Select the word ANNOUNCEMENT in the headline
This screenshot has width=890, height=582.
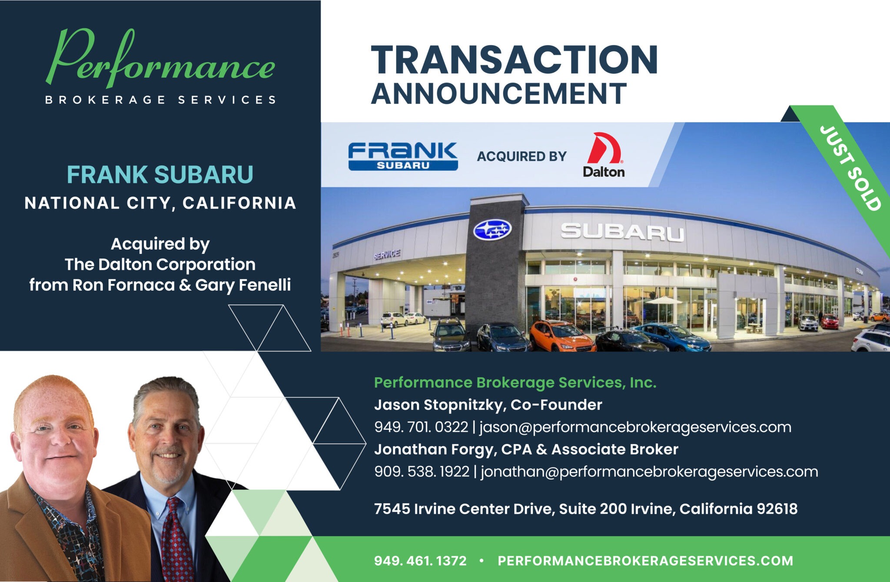coord(498,93)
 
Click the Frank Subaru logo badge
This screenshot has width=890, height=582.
coord(403,156)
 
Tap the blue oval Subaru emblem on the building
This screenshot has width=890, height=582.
coord(492,229)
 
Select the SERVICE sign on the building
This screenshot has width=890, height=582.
coord(386,254)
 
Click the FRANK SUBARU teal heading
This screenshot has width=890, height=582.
coord(160,175)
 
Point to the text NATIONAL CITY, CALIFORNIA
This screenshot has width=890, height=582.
coord(160,203)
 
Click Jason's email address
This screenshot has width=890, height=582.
coord(635,427)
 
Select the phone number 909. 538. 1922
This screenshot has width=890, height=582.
coord(422,472)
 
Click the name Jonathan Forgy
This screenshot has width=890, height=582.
coord(434,449)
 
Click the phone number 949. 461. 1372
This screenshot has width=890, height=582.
coord(420,561)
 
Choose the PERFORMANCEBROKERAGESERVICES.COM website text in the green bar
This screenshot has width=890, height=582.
coord(645,561)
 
